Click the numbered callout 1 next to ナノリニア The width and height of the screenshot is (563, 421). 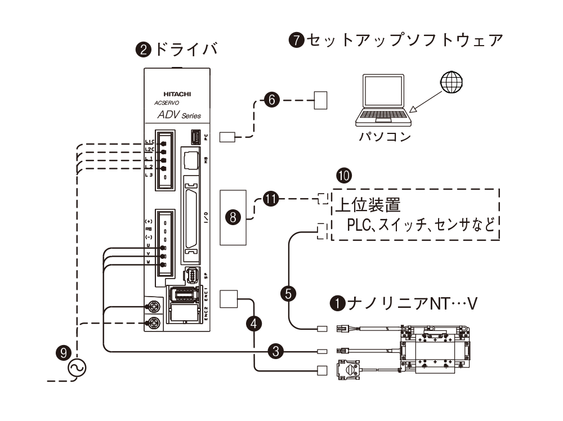(337, 303)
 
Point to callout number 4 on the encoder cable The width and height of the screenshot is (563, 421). (255, 323)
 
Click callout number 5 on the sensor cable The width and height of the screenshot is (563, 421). (288, 294)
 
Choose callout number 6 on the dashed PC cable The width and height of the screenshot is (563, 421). (271, 101)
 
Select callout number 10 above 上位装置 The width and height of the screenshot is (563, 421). (343, 176)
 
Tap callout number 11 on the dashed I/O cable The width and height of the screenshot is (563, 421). (271, 199)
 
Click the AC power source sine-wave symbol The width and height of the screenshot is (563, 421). (77, 369)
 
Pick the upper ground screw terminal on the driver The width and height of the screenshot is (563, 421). (152, 306)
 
